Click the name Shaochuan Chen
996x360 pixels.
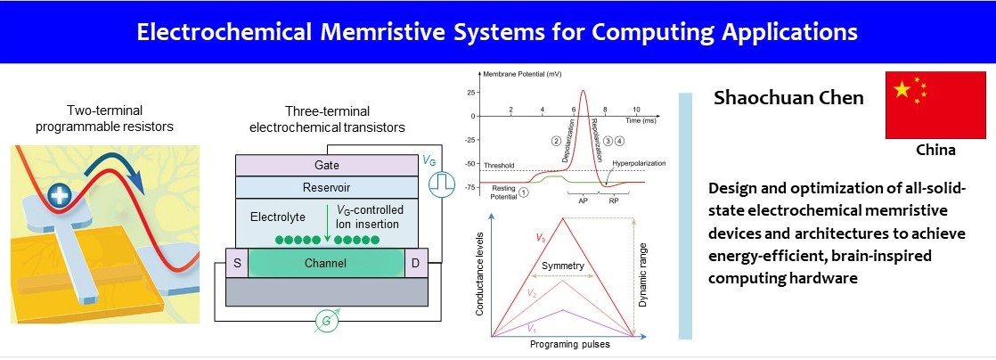788,98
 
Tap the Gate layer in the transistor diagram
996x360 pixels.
326,165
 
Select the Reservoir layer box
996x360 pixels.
326,187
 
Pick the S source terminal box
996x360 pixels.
236,263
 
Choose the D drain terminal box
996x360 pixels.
417,263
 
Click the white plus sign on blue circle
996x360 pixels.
61,195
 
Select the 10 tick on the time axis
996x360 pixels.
636,109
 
